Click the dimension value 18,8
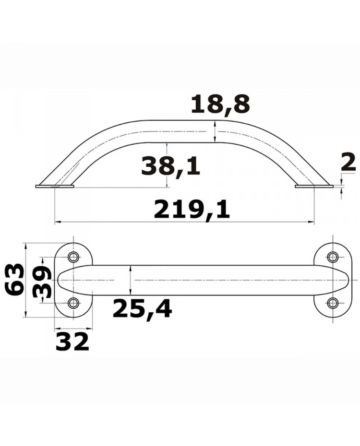pos(220,105)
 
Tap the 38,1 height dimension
pos(170,166)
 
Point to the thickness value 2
pos(348,163)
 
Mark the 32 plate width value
pos(72,341)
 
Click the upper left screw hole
pos(73,257)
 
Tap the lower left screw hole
pos(73,303)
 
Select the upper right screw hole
pos(332,257)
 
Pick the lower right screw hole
pos(332,303)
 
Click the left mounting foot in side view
pos(55,186)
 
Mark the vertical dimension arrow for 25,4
pos(131,280)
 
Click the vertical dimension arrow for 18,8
pos(215,131)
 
